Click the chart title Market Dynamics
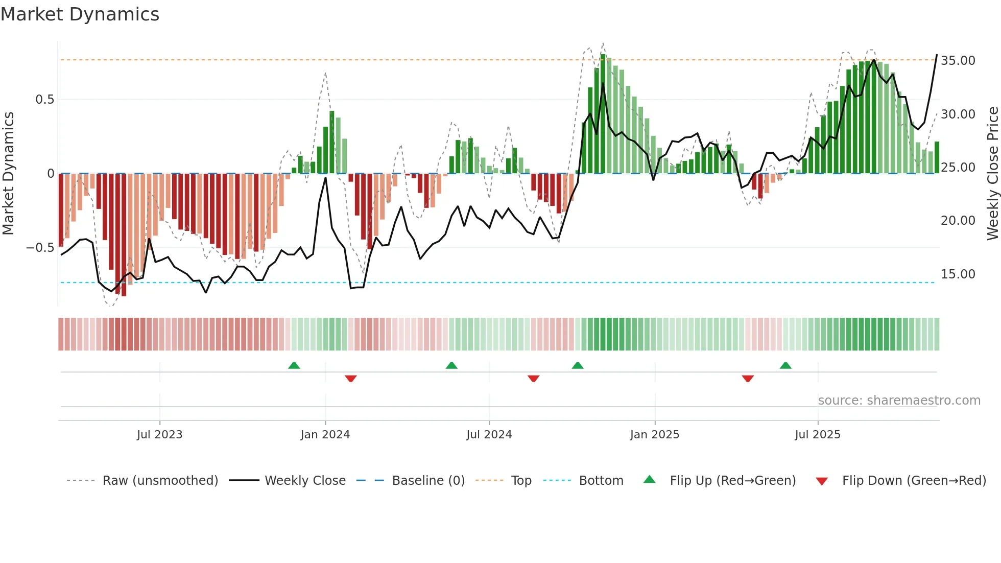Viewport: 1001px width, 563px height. click(x=80, y=14)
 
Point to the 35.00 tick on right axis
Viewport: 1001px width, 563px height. click(x=958, y=61)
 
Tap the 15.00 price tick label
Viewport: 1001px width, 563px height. click(x=958, y=274)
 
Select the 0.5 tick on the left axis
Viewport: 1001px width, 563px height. click(x=44, y=100)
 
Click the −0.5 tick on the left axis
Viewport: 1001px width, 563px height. click(x=40, y=248)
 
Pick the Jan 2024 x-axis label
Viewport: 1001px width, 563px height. click(x=325, y=435)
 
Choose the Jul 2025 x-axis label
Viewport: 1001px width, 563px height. click(x=817, y=435)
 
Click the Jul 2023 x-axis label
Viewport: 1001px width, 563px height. click(x=159, y=435)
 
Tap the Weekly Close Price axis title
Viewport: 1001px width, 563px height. click(x=992, y=174)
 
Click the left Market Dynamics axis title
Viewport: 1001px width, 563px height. click(x=8, y=174)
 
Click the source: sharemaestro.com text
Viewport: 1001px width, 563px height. click(x=899, y=401)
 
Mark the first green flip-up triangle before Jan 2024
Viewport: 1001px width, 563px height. click(x=294, y=366)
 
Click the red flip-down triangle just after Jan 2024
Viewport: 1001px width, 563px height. click(x=350, y=379)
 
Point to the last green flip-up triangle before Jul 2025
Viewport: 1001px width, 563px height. click(x=785, y=366)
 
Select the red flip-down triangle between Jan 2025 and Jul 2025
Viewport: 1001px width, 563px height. click(x=748, y=379)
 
